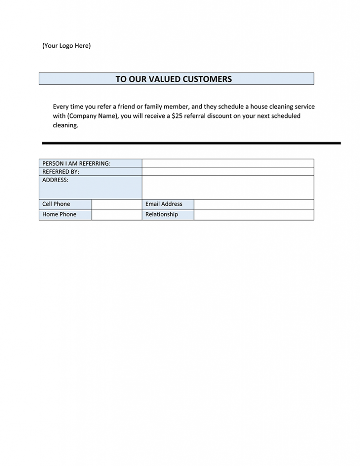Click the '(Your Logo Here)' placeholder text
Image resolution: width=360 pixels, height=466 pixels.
(x=66, y=46)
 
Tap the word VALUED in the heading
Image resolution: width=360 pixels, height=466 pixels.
(x=162, y=79)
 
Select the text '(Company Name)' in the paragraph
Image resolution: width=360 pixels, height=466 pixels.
(x=93, y=116)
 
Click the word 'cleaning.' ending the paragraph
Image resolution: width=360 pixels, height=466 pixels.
(x=66, y=125)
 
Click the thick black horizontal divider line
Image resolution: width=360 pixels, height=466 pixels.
(x=191, y=143)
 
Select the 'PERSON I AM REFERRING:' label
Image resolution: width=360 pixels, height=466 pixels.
(x=76, y=163)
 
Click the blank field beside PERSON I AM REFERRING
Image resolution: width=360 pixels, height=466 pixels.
(x=228, y=163)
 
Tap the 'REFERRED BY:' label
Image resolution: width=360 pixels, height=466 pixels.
(x=61, y=172)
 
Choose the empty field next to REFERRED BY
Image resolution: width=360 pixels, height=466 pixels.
(x=228, y=172)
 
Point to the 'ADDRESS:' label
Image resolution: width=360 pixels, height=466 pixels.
(x=55, y=180)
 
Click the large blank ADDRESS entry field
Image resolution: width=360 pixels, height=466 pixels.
(x=228, y=187)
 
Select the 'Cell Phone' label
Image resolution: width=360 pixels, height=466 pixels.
(x=56, y=204)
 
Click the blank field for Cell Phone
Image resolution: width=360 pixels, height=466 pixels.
(x=117, y=204)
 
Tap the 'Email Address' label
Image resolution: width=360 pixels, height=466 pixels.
(x=164, y=204)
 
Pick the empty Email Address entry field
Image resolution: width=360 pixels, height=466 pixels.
(x=254, y=204)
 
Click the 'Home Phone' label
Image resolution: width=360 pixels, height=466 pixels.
(x=59, y=214)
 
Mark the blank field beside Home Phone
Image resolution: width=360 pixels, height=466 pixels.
(x=117, y=215)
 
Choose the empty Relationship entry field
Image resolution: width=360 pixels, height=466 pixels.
(x=254, y=215)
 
